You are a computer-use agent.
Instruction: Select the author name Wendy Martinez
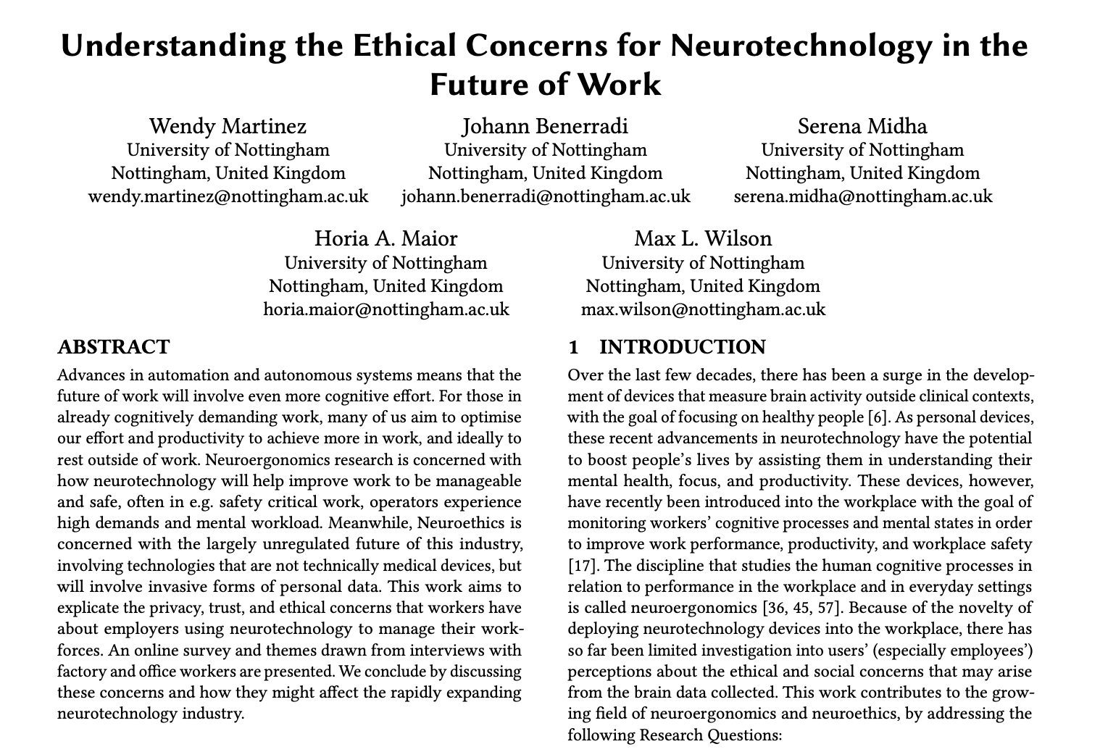click(x=228, y=126)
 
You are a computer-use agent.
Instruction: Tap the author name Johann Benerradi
click(x=545, y=126)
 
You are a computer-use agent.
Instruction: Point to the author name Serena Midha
click(x=862, y=126)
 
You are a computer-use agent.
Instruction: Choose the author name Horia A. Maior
click(x=386, y=238)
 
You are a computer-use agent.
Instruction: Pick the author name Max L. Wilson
click(x=703, y=238)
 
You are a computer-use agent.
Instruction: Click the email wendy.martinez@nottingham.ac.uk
click(x=228, y=196)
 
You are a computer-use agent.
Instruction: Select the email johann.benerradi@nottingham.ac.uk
click(x=545, y=196)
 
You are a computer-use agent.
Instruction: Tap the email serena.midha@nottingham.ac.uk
click(x=862, y=196)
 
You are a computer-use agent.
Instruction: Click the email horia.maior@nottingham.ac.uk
click(x=386, y=309)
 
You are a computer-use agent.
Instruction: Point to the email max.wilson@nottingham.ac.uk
click(x=703, y=309)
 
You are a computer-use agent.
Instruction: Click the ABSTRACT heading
click(x=113, y=347)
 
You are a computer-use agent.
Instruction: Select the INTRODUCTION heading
click(x=682, y=347)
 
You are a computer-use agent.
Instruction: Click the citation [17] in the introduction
click(x=581, y=566)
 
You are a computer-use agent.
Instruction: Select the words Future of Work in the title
click(x=545, y=85)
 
